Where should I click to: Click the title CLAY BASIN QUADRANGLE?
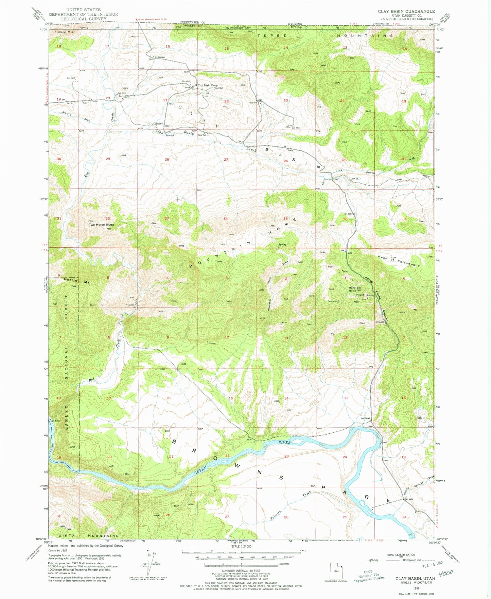click(406, 11)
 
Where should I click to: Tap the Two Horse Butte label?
click(101, 224)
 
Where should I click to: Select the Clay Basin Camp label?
click(208, 85)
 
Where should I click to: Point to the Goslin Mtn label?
click(77, 281)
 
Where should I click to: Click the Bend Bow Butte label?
click(355, 289)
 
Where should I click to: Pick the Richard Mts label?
click(64, 32)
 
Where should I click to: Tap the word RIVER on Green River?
click(284, 443)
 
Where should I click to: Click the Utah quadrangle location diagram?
click(336, 571)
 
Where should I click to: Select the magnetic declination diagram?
click(149, 565)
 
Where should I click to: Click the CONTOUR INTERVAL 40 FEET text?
click(241, 570)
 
